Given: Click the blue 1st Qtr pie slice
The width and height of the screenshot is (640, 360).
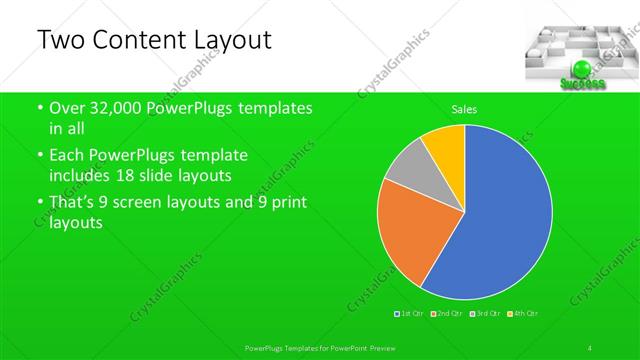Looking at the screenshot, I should [x=500, y=220].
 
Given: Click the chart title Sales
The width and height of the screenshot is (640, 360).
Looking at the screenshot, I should [x=464, y=108].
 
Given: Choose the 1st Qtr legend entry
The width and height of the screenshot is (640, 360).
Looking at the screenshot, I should [x=411, y=314].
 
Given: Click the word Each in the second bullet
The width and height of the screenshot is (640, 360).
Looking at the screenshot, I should [x=68, y=156].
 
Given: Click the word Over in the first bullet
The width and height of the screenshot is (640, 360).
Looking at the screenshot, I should [x=69, y=108].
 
